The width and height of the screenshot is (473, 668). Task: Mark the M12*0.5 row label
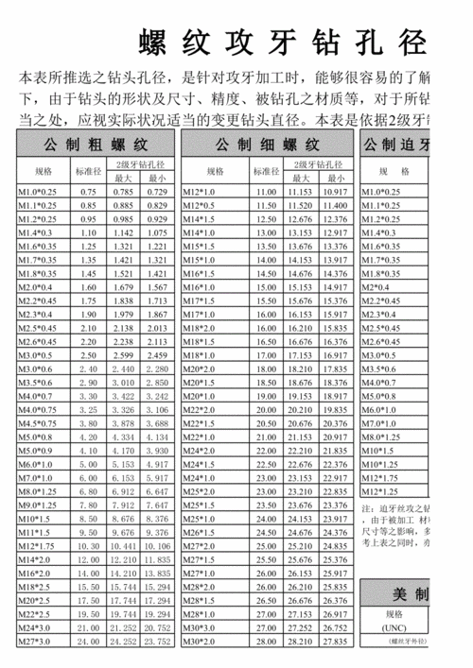pos(200,206)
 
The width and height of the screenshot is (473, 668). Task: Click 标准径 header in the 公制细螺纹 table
pos(266,171)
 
